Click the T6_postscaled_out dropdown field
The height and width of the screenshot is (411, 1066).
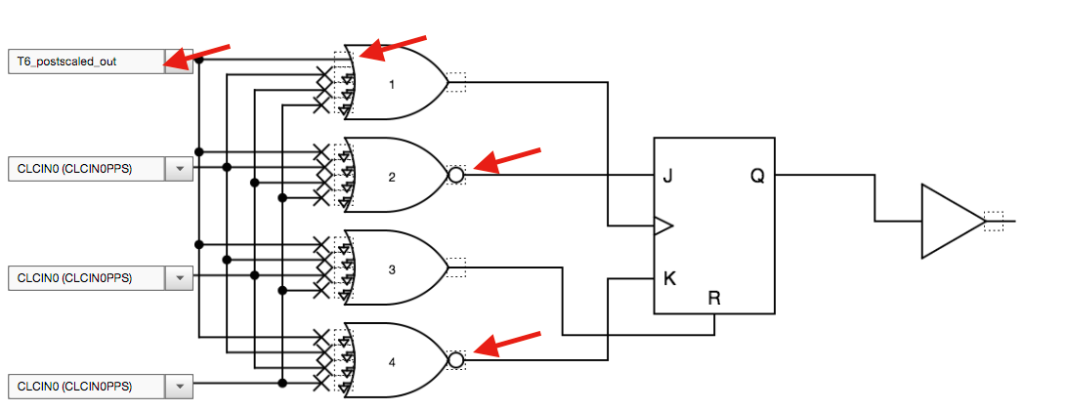pos(85,61)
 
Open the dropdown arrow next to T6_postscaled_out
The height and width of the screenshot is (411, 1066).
pos(180,61)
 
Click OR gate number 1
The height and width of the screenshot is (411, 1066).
pos(393,84)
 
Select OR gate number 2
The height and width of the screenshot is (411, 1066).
pos(393,177)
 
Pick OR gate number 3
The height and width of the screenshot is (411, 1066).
pos(393,268)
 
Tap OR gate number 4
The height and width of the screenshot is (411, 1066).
pos(393,361)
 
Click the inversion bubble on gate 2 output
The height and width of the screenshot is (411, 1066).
pos(455,176)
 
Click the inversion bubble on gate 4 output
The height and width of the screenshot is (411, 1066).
pos(455,360)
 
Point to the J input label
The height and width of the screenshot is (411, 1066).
pos(667,177)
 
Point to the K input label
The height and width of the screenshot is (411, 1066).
pos(668,277)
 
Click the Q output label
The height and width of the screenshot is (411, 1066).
pos(757,177)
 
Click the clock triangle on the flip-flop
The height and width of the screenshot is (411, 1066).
pos(663,226)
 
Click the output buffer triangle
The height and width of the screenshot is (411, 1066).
pos(948,222)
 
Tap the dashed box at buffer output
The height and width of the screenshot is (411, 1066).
pos(994,222)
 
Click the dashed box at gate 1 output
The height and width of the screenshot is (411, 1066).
pos(456,83)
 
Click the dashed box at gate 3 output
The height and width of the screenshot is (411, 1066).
pos(456,267)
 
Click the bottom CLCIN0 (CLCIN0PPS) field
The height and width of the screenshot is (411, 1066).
pos(85,386)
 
